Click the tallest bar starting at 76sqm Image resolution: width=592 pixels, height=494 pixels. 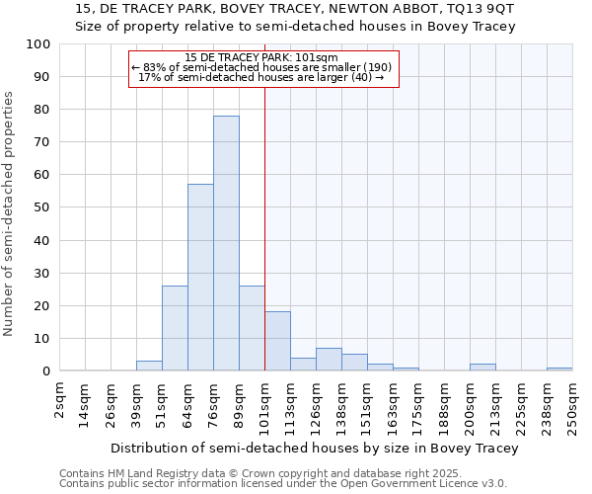226,243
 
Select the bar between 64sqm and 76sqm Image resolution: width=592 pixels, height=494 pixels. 200,278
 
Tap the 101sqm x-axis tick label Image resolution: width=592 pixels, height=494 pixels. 264,403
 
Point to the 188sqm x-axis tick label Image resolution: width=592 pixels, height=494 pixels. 444,403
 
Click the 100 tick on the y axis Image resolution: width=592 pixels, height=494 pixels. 38,44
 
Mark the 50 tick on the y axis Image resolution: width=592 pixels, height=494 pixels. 41,207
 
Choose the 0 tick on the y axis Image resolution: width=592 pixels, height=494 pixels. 45,371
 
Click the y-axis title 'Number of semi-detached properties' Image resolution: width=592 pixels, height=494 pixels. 10,213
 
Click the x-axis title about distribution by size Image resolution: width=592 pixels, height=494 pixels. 315,448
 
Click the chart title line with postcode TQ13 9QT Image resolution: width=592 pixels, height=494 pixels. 295,8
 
